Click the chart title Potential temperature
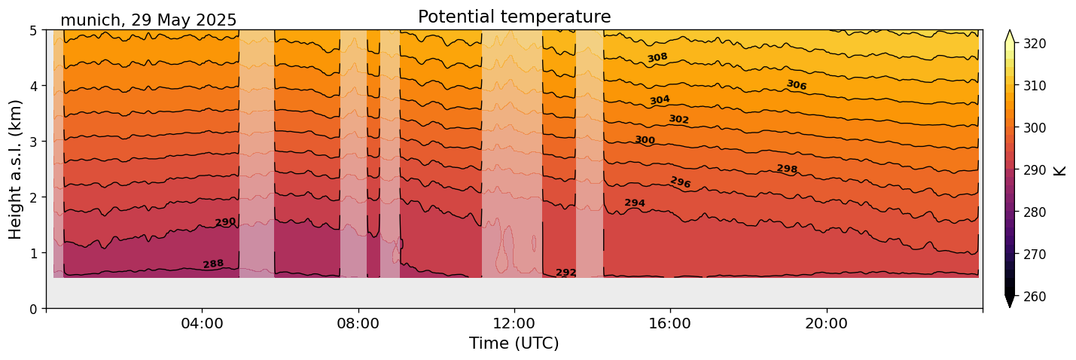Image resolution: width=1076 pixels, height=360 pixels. coord(514,17)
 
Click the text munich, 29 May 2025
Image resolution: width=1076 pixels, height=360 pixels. coord(148,20)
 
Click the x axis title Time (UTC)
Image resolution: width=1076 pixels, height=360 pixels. coord(514,343)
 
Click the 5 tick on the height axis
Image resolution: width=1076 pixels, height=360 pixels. coord(34,31)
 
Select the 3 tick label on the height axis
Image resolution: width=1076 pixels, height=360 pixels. coord(34,142)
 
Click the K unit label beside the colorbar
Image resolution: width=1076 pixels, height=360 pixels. coord(1060,170)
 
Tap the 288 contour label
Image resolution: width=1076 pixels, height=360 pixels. coord(213,264)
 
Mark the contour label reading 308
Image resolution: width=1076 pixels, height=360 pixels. coord(657,58)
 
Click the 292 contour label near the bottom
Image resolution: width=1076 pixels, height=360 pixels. coord(565,273)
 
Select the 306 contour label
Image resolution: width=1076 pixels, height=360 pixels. coord(796,85)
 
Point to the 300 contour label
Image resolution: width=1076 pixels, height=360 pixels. coord(645,140)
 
